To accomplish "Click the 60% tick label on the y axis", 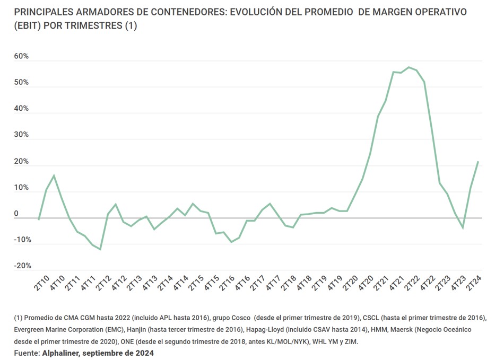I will (21, 57).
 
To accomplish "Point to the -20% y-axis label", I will (23, 266).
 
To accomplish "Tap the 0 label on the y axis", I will (16, 214).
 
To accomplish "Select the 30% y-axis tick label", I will (21, 135).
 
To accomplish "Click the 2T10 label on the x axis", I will (42, 283).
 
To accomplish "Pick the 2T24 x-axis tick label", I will (474, 283).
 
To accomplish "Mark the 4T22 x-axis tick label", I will (428, 283).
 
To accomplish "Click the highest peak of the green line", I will (409, 67).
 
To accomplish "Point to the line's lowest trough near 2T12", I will (100, 249).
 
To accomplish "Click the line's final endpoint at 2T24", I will (478, 162).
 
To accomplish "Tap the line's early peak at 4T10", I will (54, 175).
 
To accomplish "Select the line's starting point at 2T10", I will (39, 219).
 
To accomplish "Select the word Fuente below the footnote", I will (26, 353).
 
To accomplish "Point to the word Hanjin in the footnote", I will (137, 330).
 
